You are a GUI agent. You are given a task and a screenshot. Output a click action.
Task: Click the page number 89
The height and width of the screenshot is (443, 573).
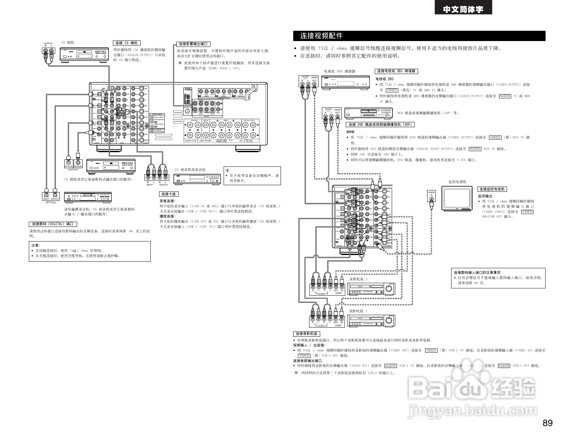(x=547, y=423)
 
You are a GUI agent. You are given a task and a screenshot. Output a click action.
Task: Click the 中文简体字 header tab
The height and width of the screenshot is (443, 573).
(x=463, y=9)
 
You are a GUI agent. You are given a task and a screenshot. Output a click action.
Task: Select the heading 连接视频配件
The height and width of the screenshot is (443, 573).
(x=321, y=36)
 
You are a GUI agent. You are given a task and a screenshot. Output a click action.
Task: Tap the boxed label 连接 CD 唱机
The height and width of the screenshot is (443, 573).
(x=126, y=43)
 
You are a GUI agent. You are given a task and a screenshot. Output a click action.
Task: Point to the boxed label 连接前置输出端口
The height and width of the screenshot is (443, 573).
(x=193, y=44)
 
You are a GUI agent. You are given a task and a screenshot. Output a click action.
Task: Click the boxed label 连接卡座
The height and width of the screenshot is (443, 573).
(x=168, y=194)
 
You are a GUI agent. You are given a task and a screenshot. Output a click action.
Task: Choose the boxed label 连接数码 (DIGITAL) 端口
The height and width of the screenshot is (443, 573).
(x=53, y=224)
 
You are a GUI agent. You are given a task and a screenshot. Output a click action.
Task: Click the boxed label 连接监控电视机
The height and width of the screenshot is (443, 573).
(x=492, y=189)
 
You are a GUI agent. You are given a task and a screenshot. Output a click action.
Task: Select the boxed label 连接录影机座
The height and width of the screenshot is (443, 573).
(x=306, y=334)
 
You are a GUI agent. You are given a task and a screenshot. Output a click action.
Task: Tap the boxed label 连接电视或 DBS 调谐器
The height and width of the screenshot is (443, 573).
(x=396, y=71)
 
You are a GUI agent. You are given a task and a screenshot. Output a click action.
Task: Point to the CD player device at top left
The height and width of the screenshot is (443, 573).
(x=84, y=55)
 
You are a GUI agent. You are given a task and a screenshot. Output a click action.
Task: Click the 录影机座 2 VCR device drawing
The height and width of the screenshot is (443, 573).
(x=371, y=288)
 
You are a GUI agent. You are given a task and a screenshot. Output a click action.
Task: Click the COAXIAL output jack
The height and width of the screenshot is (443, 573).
(x=78, y=162)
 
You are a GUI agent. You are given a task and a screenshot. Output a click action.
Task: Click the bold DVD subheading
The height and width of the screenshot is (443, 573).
(x=350, y=132)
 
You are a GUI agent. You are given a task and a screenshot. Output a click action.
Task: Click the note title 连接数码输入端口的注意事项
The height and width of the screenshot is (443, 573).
(x=477, y=272)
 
